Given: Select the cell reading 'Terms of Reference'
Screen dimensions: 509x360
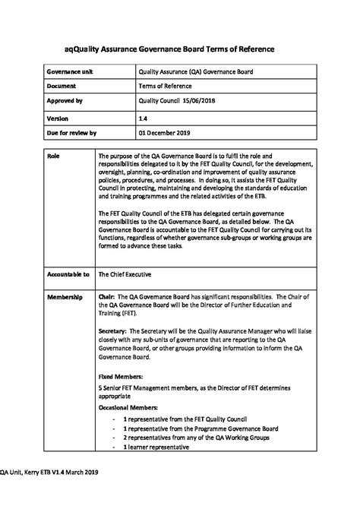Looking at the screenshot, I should (165, 86).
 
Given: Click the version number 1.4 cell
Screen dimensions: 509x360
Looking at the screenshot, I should (143, 119).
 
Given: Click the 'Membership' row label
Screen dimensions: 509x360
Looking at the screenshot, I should (65, 296).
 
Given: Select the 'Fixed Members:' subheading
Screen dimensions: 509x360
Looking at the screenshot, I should (122, 376).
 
